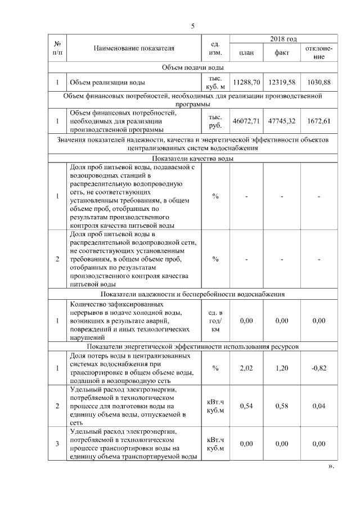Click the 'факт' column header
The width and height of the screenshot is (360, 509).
coord(282,53)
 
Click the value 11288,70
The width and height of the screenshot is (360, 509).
coord(246,83)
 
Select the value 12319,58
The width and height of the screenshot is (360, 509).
coord(282,83)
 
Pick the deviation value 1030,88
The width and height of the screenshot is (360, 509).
coord(318,83)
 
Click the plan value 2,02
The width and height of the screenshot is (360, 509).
coord(246,368)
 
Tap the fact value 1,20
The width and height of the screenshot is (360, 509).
coord(282,368)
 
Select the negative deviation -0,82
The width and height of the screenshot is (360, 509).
coord(318,368)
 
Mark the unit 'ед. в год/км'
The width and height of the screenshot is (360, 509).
coord(215,321)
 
